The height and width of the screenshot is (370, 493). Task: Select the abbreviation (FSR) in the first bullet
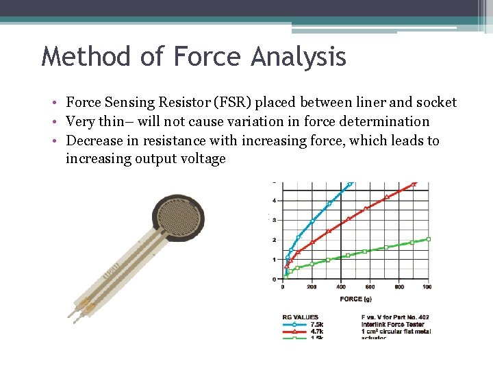[233, 103]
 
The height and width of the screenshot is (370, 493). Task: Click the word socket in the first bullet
[435, 103]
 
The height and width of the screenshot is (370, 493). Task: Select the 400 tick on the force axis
[341, 286]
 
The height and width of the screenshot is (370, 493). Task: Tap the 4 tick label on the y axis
[275, 201]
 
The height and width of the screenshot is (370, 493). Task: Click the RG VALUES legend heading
[300, 317]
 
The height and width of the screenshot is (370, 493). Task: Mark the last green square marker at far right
[429, 239]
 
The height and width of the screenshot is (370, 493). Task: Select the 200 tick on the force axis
[312, 286]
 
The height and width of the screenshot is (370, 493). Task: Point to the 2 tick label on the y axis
[275, 240]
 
